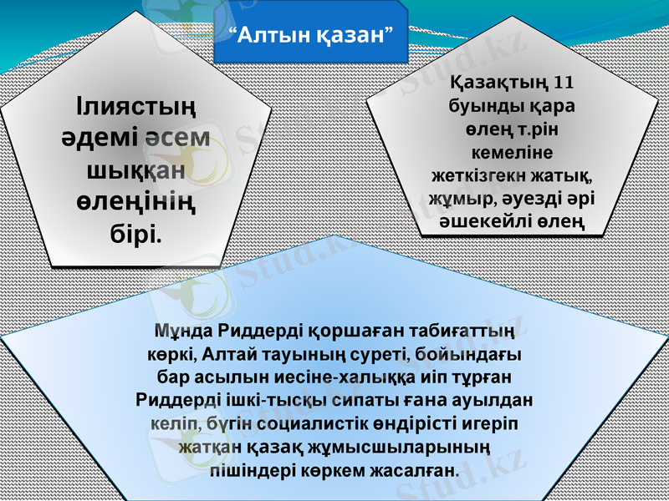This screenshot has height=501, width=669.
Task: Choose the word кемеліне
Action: click(x=511, y=152)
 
